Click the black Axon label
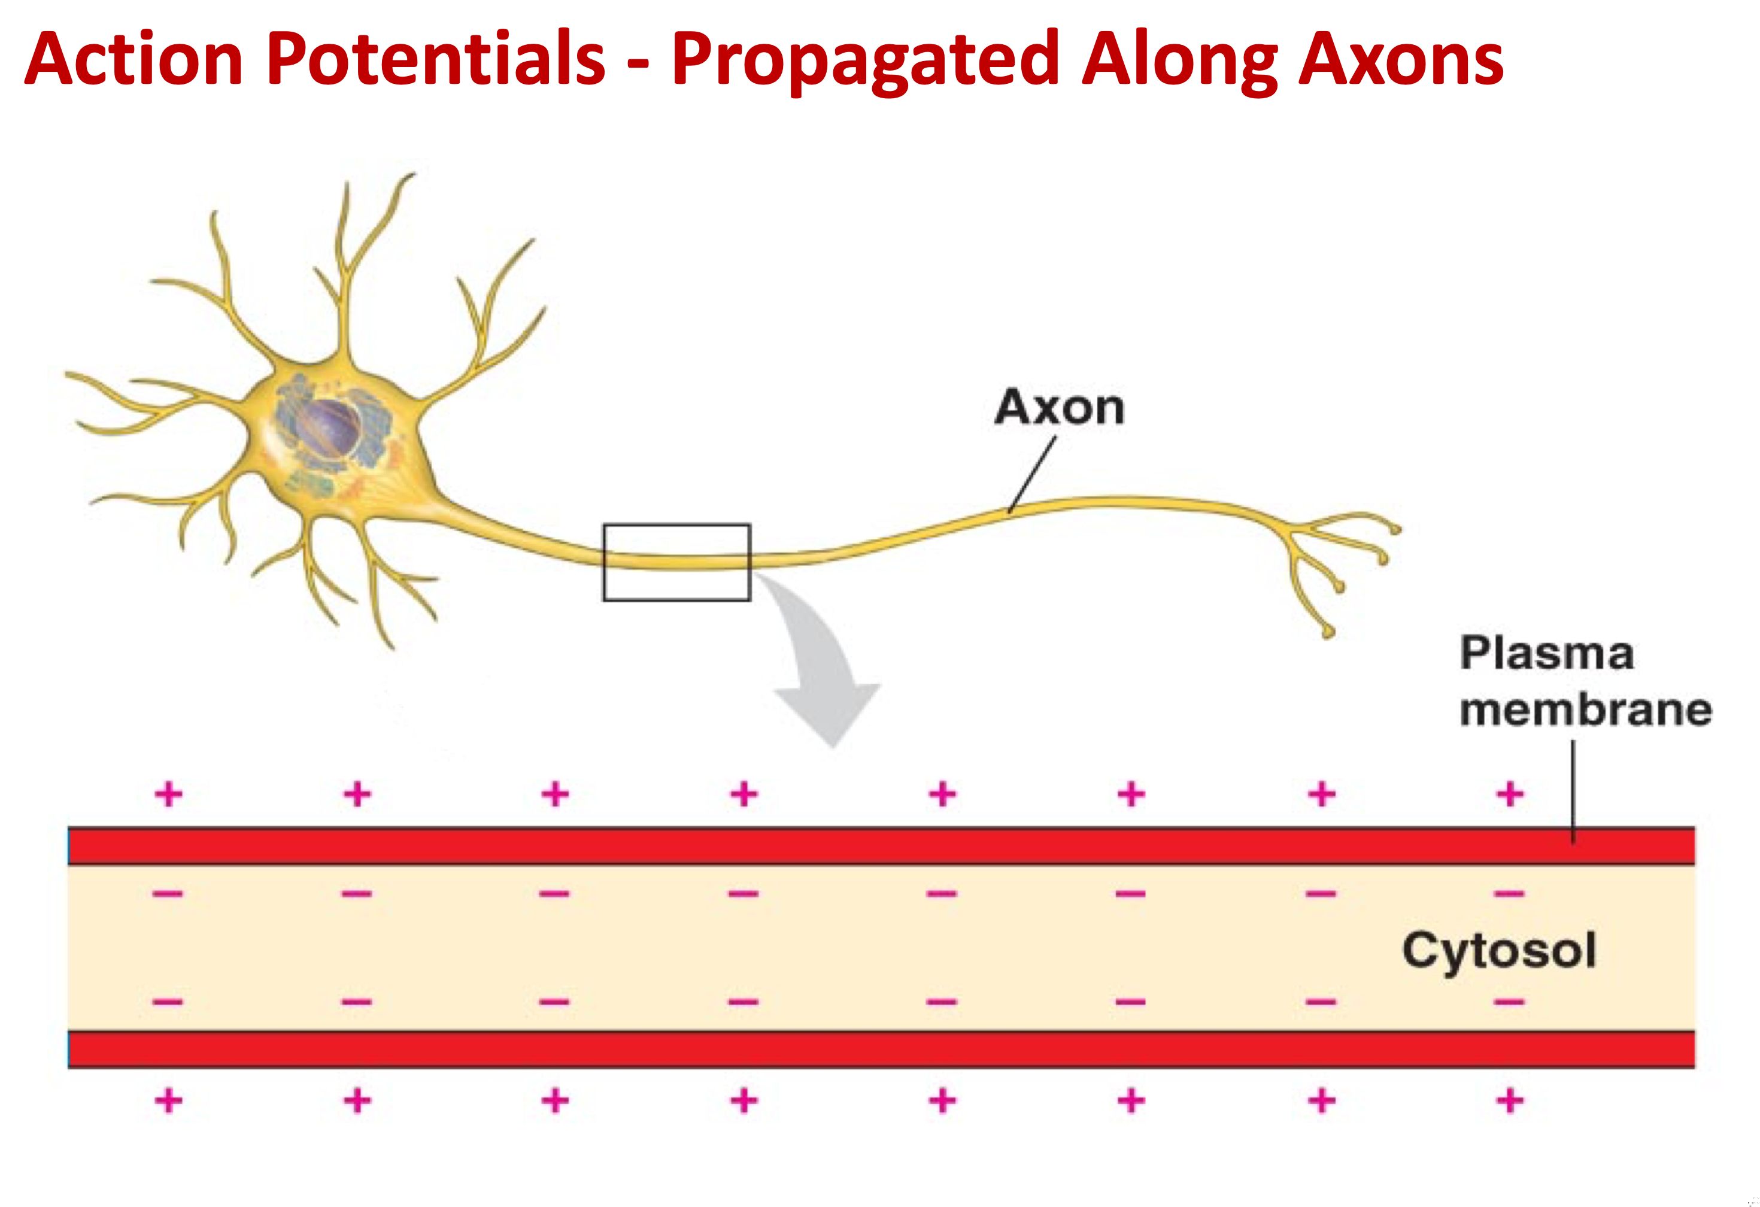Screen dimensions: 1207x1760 pos(1060,408)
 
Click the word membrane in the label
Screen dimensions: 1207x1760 pos(1586,709)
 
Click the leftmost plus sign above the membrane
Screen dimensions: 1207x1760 pos(168,794)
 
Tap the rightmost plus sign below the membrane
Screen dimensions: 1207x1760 pos(1509,1100)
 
